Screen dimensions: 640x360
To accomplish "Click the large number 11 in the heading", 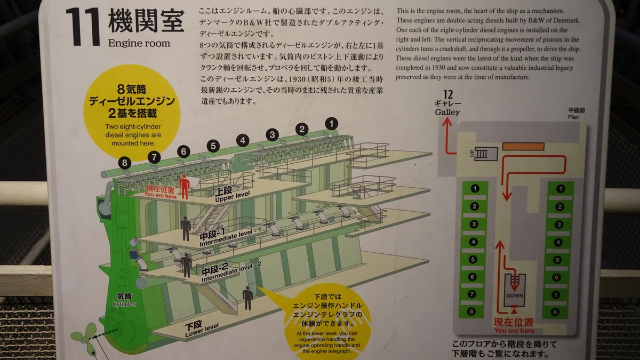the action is [x=83, y=27].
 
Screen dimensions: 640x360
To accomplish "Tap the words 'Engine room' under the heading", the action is [x=139, y=43].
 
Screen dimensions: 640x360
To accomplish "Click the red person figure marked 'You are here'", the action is [x=185, y=187].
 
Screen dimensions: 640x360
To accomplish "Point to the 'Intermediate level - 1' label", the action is [x=230, y=237].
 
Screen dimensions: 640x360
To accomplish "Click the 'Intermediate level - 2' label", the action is [x=231, y=273].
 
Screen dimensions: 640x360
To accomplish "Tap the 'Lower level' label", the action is [x=202, y=329].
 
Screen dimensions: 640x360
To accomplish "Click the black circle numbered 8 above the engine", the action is [x=125, y=163].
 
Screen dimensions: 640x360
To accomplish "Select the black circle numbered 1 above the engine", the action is [x=331, y=124].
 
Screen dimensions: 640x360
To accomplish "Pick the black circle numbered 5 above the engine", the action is [x=213, y=146].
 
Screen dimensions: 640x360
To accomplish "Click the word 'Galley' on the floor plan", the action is [x=447, y=113].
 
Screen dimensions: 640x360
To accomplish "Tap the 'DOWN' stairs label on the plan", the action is [x=515, y=295].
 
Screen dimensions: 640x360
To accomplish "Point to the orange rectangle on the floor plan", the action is [x=523, y=146].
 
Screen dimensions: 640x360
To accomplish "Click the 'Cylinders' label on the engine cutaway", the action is [x=124, y=304].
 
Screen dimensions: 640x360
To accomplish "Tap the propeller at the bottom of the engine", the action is [x=85, y=337].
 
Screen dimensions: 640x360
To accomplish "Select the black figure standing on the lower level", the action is [x=247, y=298].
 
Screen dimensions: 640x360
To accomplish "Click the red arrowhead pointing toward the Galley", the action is [x=447, y=122].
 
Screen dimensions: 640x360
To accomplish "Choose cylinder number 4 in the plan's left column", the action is [x=474, y=242].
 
